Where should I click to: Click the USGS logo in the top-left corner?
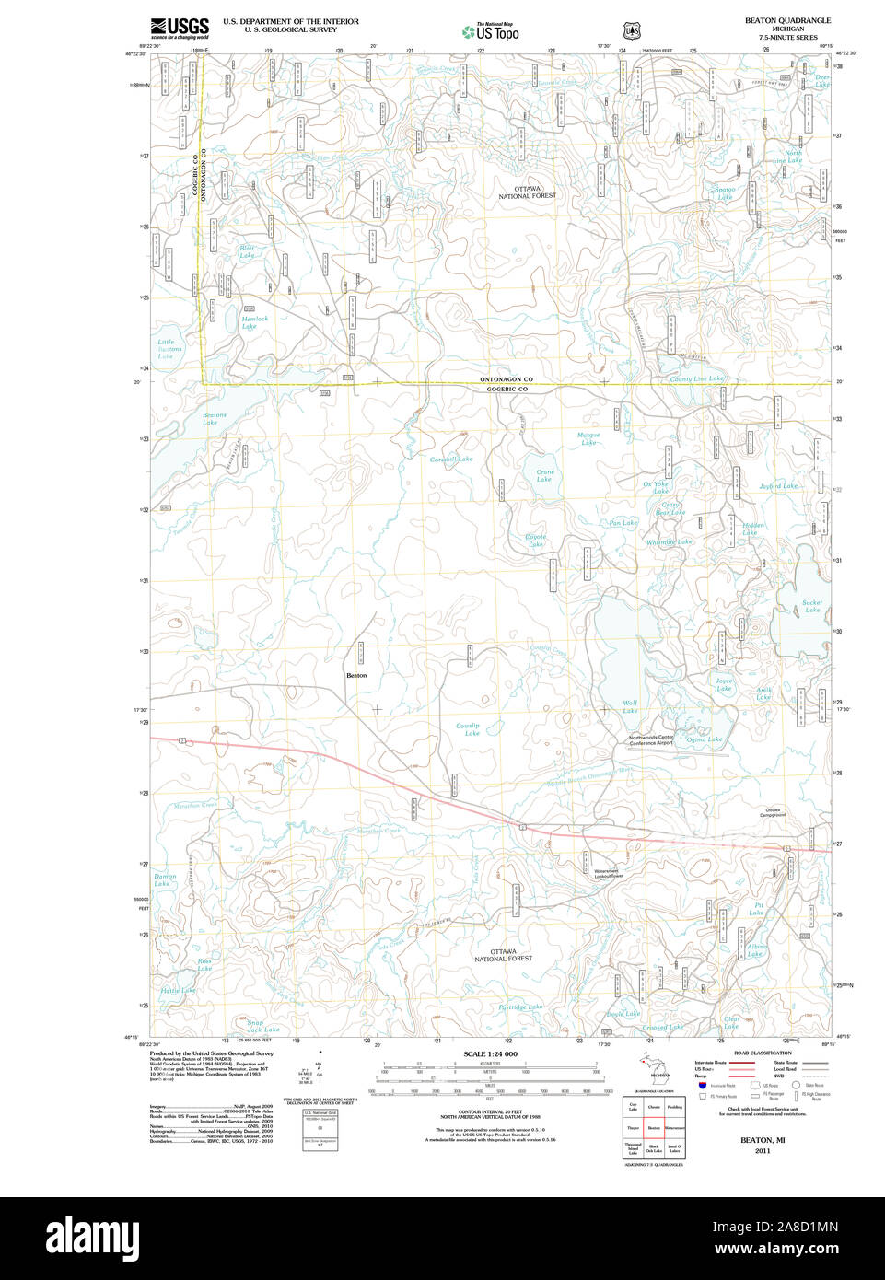180,27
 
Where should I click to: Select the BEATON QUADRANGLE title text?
787,20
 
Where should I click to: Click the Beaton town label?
356,675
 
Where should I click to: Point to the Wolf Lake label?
630,706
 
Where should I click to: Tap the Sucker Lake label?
812,606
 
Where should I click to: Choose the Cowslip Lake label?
468,729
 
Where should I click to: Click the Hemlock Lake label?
254,322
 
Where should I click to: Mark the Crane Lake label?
545,475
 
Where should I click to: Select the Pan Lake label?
623,523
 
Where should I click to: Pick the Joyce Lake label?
724,684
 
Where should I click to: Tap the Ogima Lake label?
704,739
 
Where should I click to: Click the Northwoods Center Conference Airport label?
651,740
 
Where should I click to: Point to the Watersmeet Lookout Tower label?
607,874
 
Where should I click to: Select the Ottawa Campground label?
773,812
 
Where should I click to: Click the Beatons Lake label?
214,419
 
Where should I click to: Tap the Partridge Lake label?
520,1007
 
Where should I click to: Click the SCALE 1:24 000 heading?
490,1053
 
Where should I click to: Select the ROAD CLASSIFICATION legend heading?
762,1053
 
